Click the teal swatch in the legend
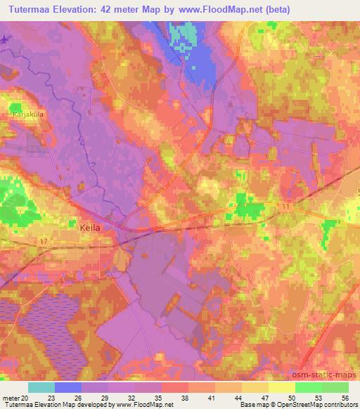41,387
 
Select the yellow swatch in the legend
281,387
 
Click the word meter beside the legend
11,398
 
